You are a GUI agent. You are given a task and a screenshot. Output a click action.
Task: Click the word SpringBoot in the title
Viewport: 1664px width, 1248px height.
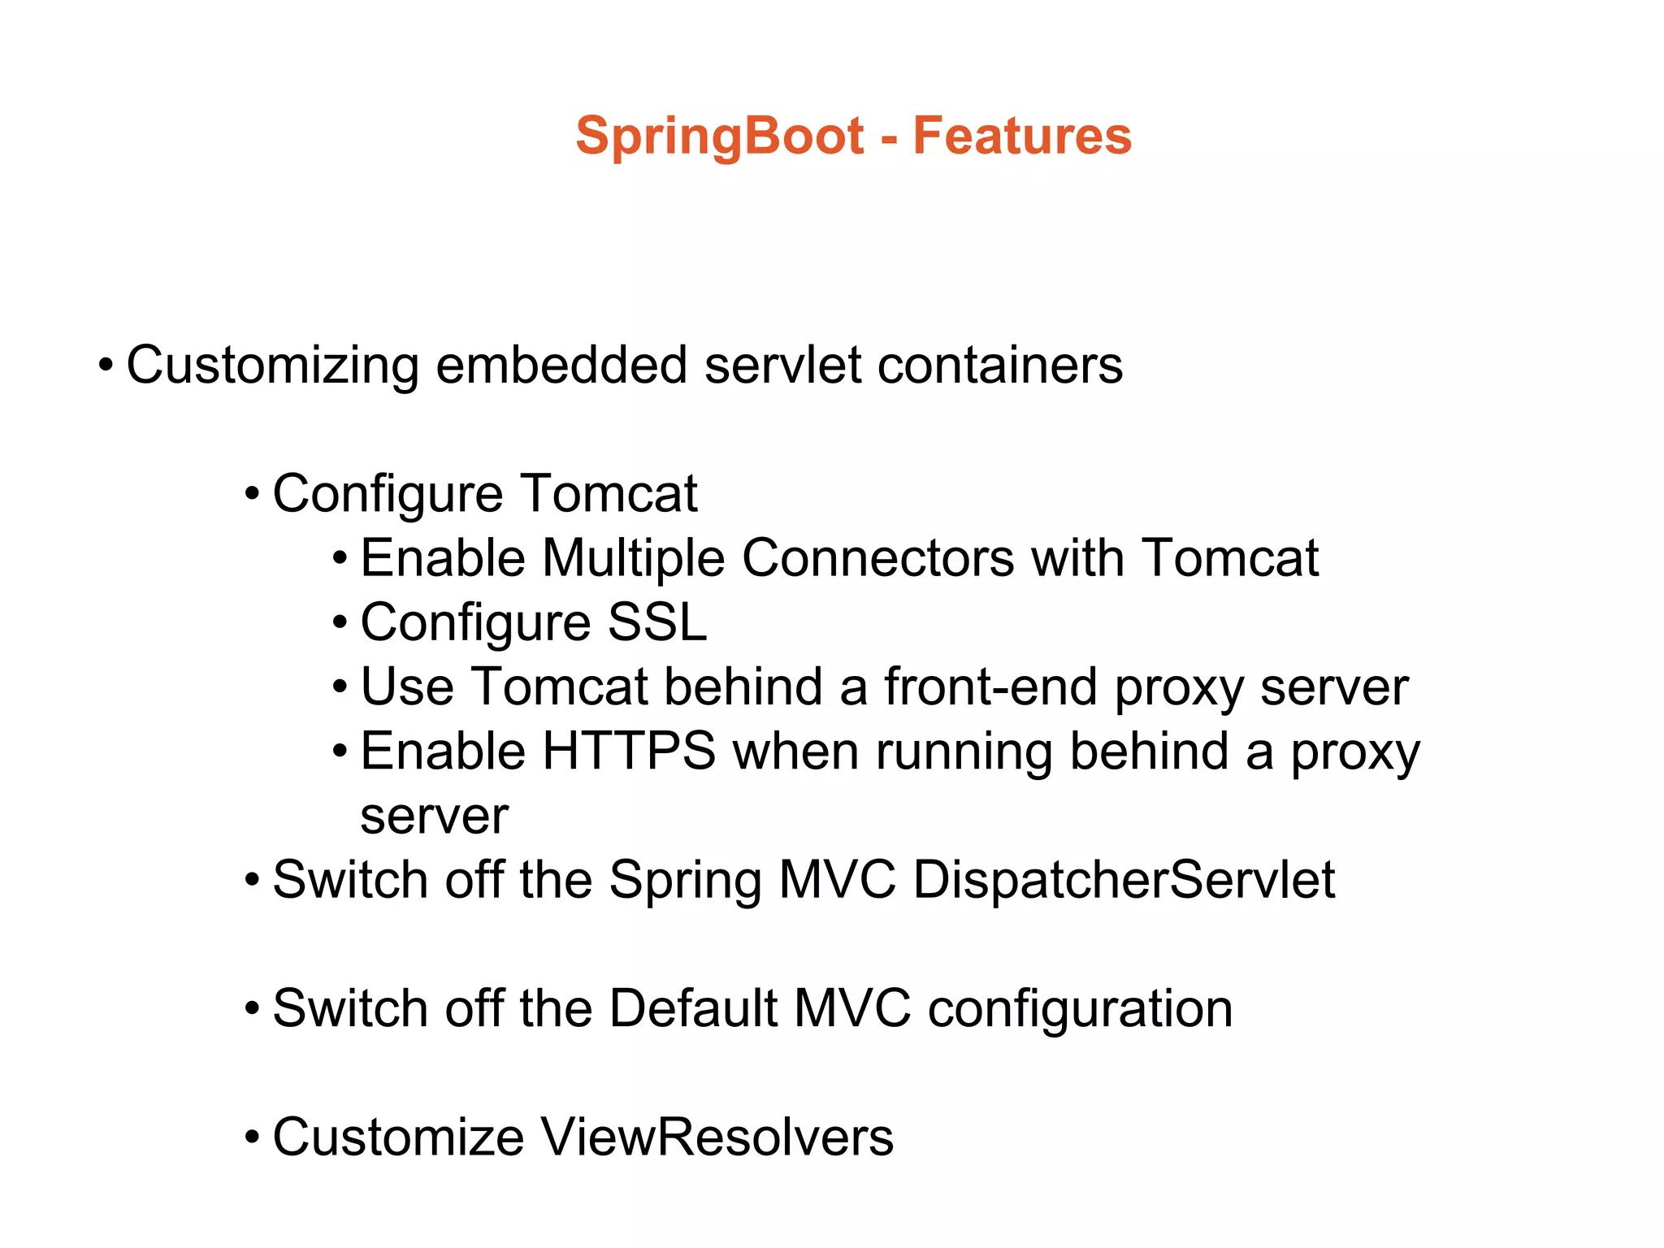(x=719, y=136)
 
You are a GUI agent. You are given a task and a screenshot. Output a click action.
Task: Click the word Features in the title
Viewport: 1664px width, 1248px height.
(x=1021, y=135)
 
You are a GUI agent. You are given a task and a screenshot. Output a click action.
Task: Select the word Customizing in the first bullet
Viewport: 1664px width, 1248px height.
(x=272, y=365)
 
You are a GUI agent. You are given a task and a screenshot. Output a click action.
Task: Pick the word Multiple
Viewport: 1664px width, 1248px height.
(x=633, y=558)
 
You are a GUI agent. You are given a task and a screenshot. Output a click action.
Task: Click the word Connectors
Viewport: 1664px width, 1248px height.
(x=877, y=558)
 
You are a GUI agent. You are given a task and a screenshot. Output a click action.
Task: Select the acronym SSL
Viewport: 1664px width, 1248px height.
(x=656, y=622)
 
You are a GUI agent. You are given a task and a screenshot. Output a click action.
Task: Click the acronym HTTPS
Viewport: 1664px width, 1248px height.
(x=629, y=751)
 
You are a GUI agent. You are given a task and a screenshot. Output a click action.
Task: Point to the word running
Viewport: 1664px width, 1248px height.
(x=964, y=752)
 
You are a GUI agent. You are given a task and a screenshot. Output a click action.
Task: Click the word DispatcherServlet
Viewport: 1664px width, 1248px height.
(x=1124, y=880)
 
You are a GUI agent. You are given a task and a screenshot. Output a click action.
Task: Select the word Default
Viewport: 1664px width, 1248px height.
(x=693, y=1008)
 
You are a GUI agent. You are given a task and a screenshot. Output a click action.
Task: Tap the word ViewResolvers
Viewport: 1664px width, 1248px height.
(x=717, y=1137)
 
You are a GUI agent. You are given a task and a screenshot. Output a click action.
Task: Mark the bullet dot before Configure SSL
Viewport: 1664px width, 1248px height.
(x=340, y=623)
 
